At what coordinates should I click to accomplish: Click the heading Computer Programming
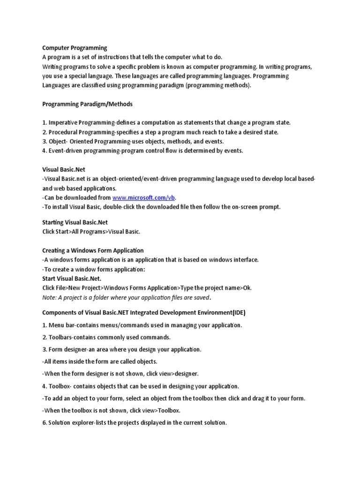point(75,48)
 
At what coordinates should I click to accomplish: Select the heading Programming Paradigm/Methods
point(88,104)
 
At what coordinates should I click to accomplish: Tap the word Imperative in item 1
point(65,123)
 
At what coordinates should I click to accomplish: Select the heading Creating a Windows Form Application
point(93,250)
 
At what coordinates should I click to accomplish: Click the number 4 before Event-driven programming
point(44,151)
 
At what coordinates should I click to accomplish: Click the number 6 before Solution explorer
point(44,422)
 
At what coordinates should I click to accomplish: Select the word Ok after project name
point(247,288)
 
